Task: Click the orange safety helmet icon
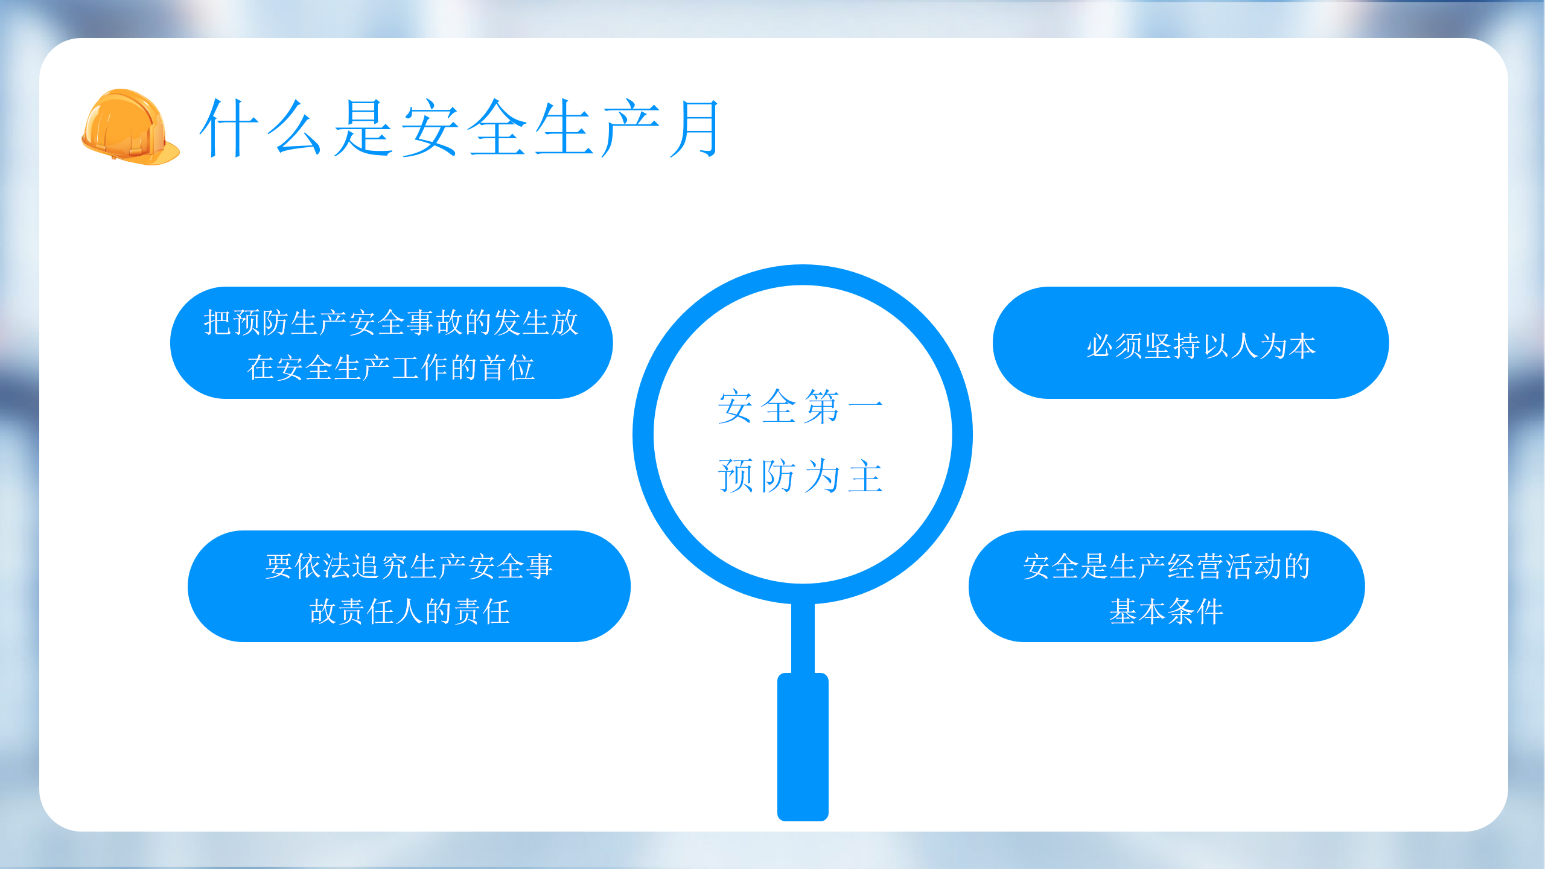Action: click(130, 127)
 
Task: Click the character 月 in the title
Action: click(695, 128)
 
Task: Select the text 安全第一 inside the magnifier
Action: click(801, 407)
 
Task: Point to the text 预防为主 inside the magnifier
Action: click(801, 476)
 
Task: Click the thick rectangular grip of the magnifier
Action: click(803, 747)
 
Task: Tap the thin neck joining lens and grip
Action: click(803, 638)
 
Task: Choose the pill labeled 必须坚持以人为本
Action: click(1191, 343)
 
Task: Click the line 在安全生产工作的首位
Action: click(391, 368)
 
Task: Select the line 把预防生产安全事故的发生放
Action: click(391, 322)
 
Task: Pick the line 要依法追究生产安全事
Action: click(409, 566)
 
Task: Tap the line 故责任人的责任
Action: click(409, 611)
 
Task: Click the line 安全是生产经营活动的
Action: click(1167, 566)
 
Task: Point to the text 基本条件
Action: click(1167, 611)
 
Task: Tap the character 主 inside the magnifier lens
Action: click(866, 476)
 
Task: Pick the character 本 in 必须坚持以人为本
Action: click(1302, 346)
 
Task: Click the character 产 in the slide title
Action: click(631, 128)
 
